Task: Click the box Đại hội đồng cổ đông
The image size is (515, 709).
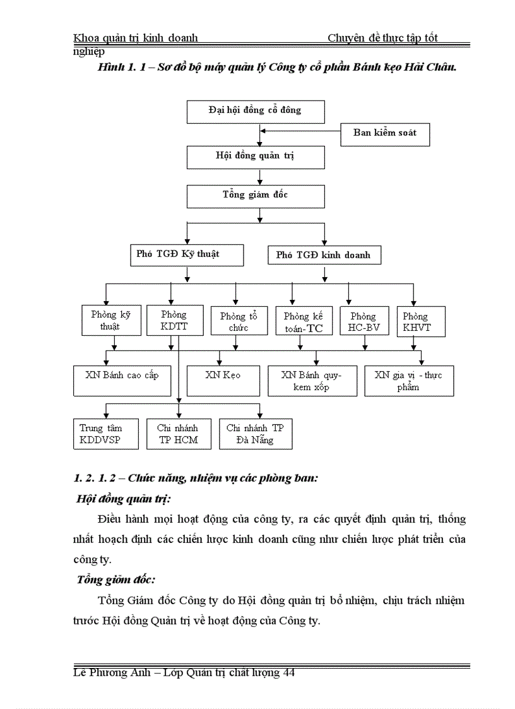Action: (256, 110)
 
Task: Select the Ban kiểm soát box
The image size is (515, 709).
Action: (384, 133)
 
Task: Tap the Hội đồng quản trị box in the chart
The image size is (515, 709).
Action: (256, 157)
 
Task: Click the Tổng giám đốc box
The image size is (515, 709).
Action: (256, 196)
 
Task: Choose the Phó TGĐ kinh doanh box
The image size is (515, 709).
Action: (324, 256)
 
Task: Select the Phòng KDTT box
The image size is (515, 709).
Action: (174, 320)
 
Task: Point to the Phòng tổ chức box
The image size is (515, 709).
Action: (235, 321)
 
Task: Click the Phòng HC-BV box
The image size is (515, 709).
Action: (363, 321)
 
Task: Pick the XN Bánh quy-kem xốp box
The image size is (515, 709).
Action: (312, 381)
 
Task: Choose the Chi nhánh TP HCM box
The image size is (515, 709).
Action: (177, 434)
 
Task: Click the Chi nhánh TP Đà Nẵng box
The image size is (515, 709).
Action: (256, 434)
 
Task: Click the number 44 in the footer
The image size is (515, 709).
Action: (289, 673)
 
